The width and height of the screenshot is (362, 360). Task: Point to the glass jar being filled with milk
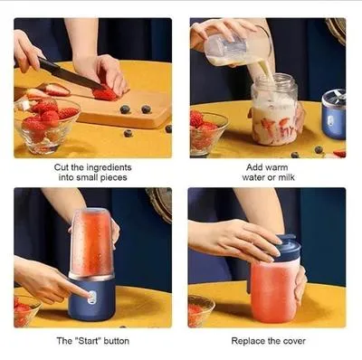tap(273, 113)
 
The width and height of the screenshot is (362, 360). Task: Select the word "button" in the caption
tap(115, 340)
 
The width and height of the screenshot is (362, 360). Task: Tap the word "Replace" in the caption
tap(250, 340)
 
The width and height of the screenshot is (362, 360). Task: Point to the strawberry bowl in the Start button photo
tap(25, 312)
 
